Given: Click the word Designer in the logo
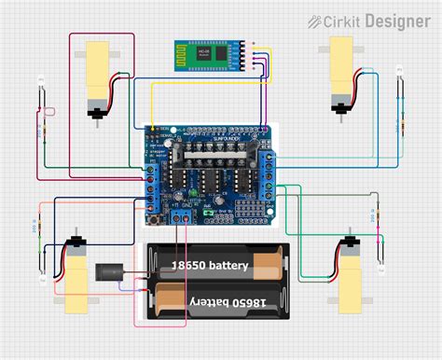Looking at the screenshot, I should pyautogui.click(x=398, y=21).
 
